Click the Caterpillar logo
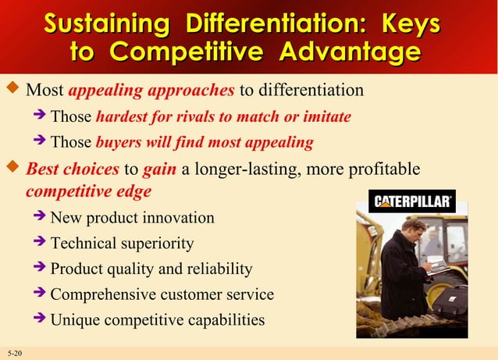[412, 201]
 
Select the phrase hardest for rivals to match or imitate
[223, 117]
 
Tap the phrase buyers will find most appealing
[205, 143]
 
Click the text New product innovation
[132, 218]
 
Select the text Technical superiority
[122, 244]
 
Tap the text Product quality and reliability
[151, 269]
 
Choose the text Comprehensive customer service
[162, 295]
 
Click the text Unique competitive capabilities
[157, 320]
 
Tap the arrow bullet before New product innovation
[40, 217]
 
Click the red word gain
[159, 169]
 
